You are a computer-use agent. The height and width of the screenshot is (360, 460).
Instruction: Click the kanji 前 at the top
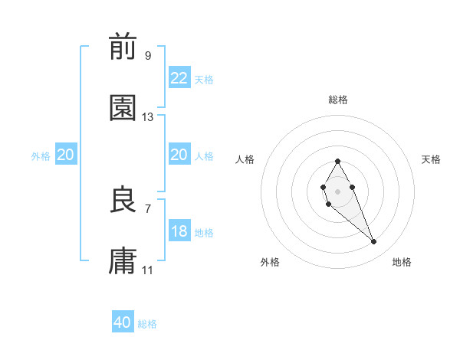tap(123, 47)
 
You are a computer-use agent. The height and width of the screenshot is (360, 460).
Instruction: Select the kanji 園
tap(123, 109)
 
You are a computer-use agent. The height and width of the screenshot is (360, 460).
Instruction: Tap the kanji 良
tap(123, 201)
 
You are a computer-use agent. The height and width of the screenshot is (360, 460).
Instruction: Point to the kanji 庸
tap(123, 262)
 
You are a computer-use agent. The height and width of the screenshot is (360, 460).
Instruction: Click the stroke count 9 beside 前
tap(148, 55)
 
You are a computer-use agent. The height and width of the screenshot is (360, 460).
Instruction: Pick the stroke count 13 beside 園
tap(148, 117)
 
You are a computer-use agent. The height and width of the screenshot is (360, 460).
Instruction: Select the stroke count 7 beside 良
tap(148, 208)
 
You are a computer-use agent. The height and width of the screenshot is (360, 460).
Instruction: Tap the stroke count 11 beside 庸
tap(148, 270)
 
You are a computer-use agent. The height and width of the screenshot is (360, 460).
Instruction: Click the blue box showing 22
tap(179, 78)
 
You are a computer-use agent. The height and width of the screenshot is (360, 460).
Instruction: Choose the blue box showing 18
tap(179, 232)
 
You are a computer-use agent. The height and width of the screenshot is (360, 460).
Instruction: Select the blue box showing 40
tap(123, 322)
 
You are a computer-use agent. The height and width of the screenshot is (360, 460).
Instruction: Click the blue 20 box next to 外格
tap(65, 155)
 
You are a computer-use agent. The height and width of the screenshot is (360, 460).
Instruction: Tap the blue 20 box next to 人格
tap(179, 155)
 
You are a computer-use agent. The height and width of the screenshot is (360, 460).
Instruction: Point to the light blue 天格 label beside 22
tap(204, 79)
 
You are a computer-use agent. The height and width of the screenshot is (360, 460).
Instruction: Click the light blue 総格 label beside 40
tap(147, 324)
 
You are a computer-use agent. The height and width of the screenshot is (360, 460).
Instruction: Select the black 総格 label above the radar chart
tap(338, 100)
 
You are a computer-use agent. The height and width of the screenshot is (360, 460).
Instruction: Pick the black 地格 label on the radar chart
tap(402, 262)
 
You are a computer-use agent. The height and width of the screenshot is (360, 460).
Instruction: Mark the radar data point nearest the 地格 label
tap(374, 242)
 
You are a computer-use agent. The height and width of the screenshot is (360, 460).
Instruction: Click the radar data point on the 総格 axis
tap(337, 162)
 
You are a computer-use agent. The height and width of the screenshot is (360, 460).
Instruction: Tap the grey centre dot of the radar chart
tap(337, 190)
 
